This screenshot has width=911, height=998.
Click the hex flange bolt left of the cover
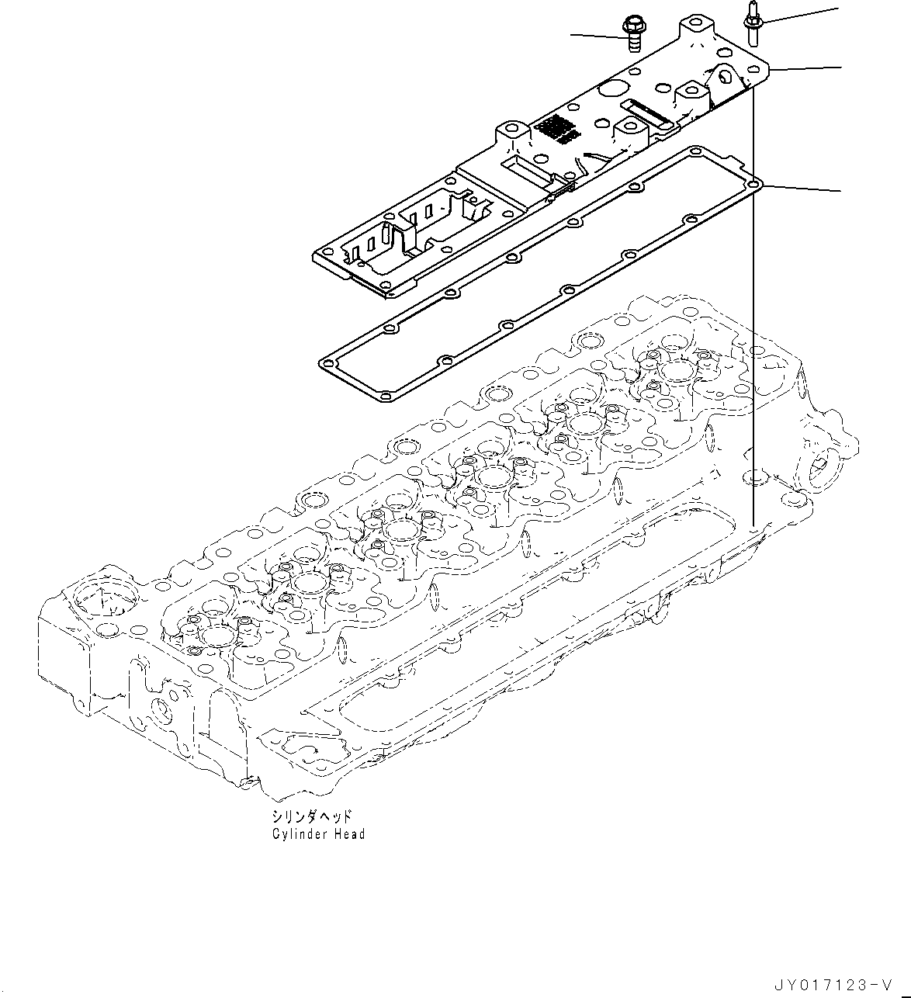(630, 33)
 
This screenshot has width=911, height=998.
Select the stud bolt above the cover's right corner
(751, 24)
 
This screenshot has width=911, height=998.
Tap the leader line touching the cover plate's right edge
(807, 69)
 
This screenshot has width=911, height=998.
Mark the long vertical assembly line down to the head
(752, 310)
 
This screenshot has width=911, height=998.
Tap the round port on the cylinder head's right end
(821, 467)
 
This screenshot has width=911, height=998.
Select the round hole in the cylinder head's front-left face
(161, 708)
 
